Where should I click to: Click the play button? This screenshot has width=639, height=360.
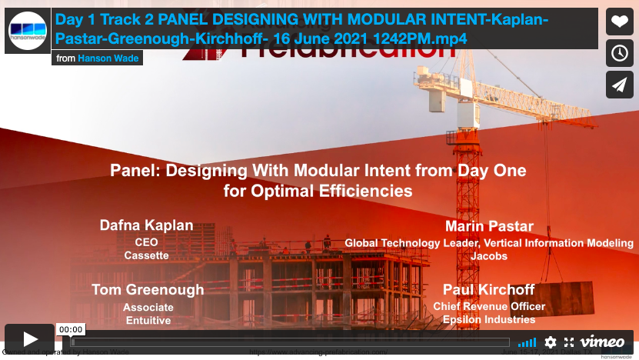point(30,339)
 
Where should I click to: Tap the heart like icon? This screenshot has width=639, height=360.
point(620,22)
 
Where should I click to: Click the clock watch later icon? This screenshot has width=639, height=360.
point(620,53)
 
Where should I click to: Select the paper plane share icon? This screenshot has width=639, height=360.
point(620,85)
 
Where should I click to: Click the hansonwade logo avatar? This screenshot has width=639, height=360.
point(28,31)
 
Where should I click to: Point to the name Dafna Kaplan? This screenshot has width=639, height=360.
point(146,225)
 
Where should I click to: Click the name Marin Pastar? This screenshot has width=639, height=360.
point(489,227)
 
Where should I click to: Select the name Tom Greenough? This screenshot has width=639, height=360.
point(148,290)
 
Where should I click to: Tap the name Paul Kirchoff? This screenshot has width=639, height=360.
point(489,290)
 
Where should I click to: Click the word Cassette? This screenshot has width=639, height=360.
point(146,255)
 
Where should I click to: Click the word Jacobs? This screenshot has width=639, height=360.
point(489,256)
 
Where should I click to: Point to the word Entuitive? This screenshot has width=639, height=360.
point(148,320)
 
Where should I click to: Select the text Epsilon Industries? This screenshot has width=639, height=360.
point(489,319)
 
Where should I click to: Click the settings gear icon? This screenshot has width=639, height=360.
point(551,342)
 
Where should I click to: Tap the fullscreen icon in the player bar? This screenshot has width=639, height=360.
point(569,342)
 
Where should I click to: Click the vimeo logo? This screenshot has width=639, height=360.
point(602,342)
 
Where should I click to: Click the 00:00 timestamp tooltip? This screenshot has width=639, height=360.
point(71,329)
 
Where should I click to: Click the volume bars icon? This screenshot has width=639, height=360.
point(527,342)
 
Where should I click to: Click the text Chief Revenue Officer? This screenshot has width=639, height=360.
point(489,306)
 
